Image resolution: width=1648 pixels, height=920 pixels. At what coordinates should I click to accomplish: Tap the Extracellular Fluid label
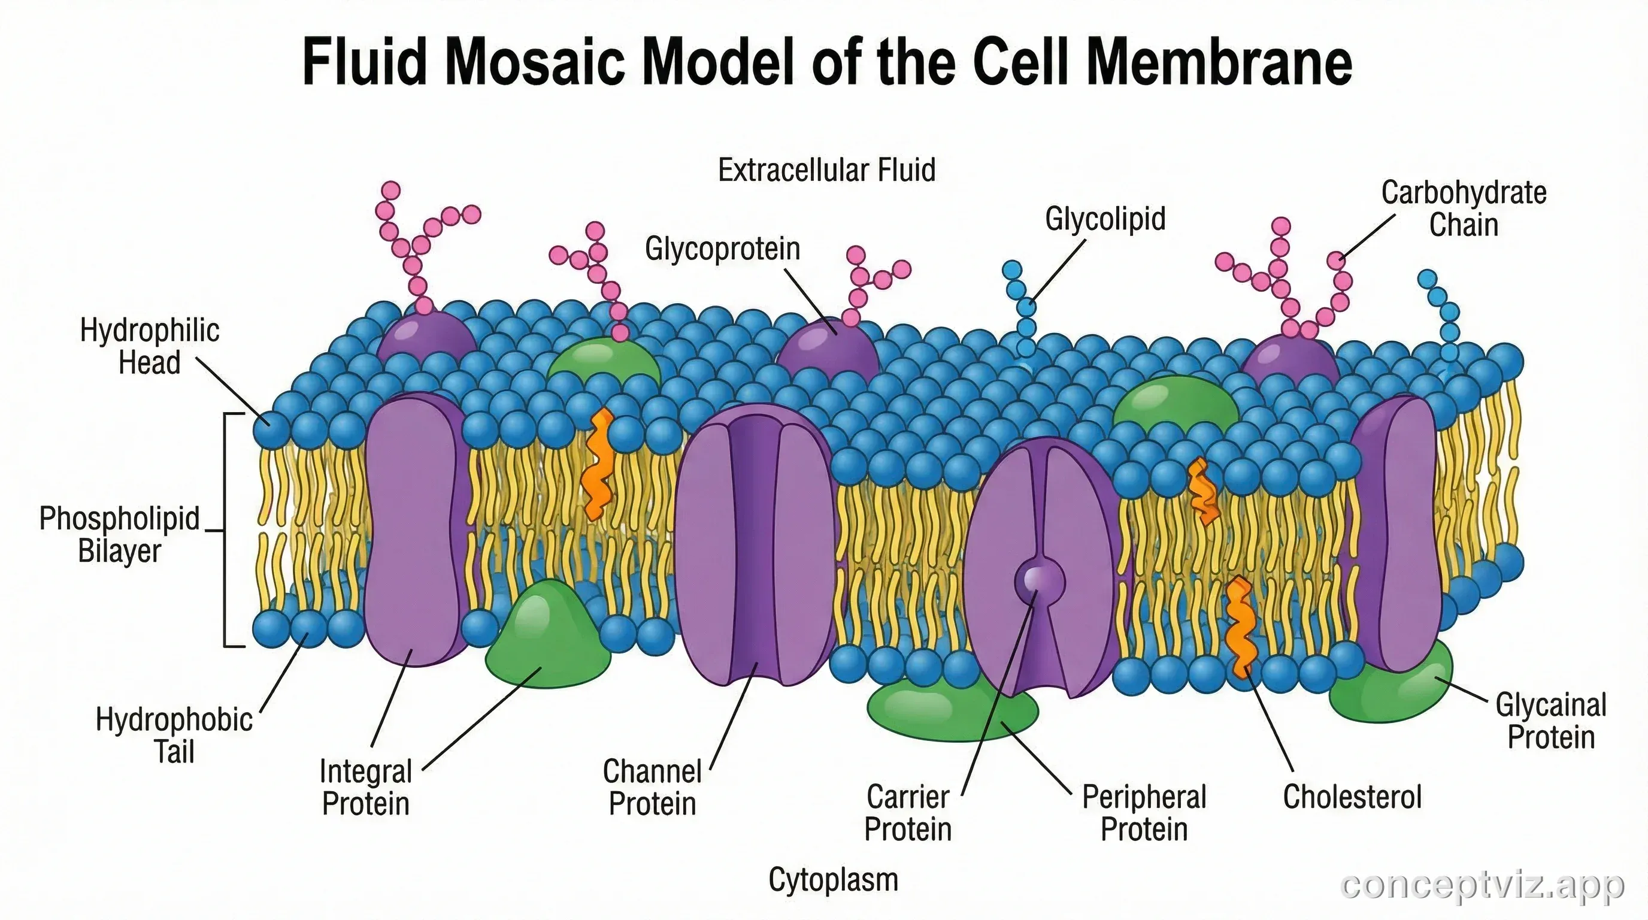[826, 170]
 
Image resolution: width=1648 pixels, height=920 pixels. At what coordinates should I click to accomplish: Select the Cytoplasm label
[833, 879]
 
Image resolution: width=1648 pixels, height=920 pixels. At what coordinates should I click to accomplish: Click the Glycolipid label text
[1105, 219]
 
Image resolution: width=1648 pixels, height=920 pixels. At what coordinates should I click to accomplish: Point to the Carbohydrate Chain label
[1464, 208]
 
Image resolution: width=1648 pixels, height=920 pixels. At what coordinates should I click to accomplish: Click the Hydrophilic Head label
[150, 347]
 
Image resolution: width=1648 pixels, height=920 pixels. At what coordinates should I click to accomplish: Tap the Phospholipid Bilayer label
[120, 534]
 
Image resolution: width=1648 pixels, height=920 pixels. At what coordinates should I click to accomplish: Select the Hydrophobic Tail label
[174, 736]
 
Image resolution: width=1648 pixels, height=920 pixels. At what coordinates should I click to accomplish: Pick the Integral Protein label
[365, 788]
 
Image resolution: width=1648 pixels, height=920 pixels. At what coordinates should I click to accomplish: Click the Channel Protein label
[652, 788]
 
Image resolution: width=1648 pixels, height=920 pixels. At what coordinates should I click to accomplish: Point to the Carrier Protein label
[908, 813]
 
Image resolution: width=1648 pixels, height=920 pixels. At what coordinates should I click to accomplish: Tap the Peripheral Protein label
[1144, 813]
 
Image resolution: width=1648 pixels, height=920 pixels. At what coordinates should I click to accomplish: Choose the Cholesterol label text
[1352, 797]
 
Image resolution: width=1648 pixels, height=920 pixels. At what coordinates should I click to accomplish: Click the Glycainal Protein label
[1551, 721]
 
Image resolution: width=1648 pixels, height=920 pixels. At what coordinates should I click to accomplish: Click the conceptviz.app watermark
[1482, 885]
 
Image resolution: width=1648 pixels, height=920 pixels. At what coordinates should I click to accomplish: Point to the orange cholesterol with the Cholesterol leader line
[1240, 627]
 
